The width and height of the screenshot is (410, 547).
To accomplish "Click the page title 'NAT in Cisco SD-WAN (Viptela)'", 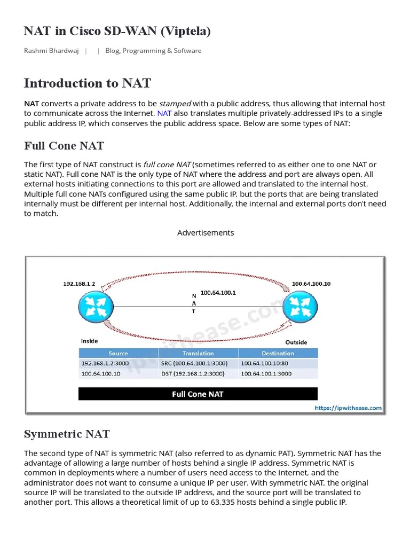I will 117,32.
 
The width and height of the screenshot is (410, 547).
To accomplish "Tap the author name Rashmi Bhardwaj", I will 52,51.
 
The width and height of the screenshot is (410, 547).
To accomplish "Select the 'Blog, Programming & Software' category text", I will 153,51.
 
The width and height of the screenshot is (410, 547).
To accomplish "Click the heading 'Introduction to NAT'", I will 88,83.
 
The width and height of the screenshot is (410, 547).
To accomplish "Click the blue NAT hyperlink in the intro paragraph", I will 164,113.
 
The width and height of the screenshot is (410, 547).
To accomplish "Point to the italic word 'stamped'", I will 175,104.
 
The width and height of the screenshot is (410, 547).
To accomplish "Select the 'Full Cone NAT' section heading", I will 64,146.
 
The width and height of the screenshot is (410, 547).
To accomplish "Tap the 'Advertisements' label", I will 206,233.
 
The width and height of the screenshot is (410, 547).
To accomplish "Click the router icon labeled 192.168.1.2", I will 96,306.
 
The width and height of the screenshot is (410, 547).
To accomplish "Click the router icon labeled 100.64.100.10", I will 300,306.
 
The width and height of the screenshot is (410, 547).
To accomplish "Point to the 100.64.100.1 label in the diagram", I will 218,293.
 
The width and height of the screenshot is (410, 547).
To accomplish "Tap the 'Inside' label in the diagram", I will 89,341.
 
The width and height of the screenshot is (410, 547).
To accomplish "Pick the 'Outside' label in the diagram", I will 296,342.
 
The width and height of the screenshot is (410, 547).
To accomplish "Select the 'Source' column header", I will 118,353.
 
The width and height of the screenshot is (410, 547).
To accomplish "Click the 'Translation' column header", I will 198,353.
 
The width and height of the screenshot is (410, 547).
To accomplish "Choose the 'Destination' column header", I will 278,353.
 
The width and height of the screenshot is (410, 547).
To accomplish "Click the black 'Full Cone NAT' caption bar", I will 198,394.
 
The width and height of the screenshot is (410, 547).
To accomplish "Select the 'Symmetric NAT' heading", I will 67,434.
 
